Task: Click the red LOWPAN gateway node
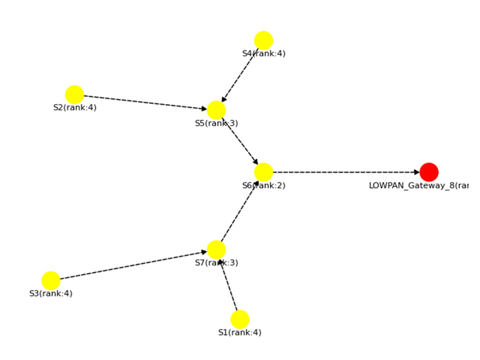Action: point(429,172)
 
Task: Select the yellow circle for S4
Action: point(263,40)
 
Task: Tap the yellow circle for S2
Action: point(74,94)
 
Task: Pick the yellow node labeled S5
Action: point(216,110)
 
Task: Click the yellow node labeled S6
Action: point(263,172)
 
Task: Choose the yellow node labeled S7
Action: point(216,250)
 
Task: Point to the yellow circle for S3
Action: point(51,280)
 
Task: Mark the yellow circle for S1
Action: point(239,319)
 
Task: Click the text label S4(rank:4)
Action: point(264,53)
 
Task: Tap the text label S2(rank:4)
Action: point(75,107)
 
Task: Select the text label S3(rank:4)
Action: point(51,293)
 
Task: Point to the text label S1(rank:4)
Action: point(239,332)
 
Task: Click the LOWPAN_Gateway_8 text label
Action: point(418,185)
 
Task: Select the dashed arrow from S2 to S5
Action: point(145,102)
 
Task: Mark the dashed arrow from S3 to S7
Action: point(134,265)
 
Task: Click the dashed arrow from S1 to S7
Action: point(228,286)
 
